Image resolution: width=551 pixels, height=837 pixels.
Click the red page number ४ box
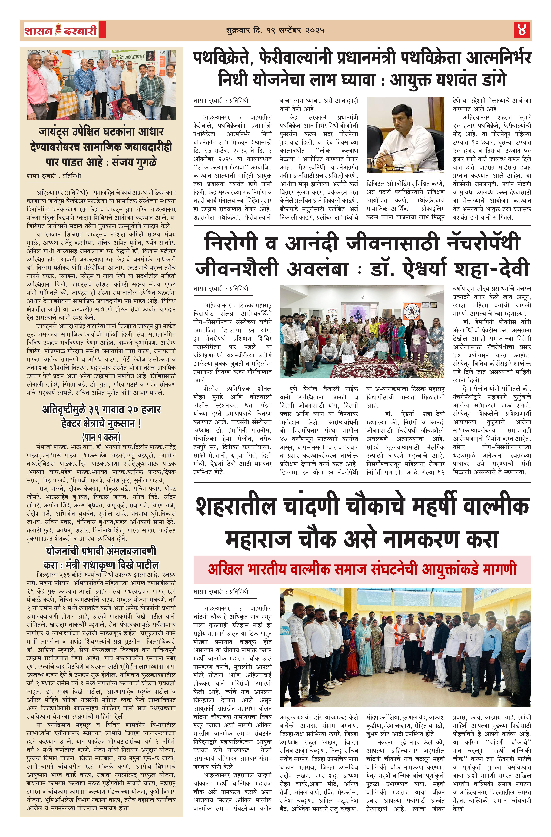click(522, 30)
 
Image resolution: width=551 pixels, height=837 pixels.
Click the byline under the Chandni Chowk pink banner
click(221, 592)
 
